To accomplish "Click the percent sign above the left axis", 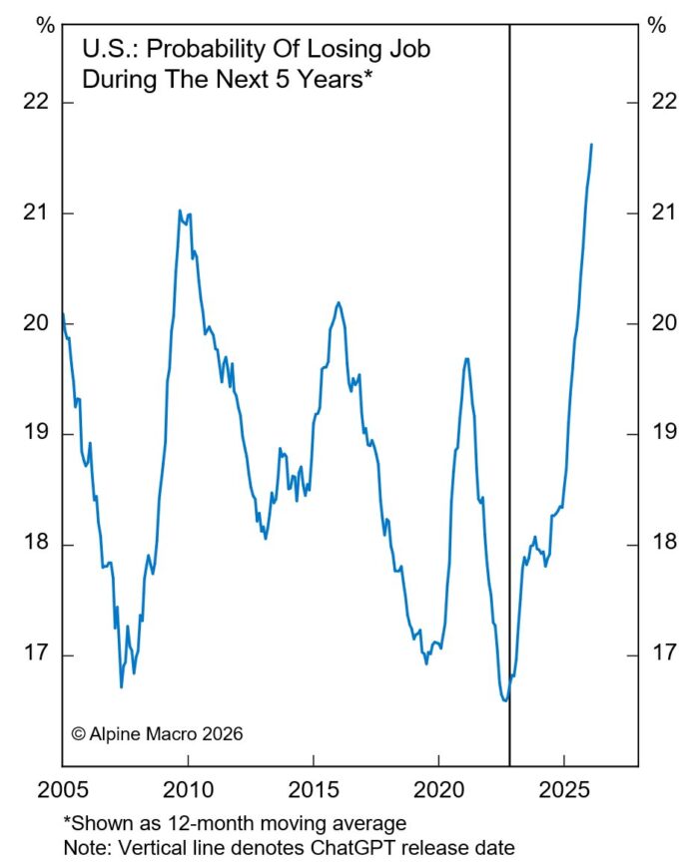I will [x=45, y=26].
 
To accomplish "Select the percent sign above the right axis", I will [x=656, y=26].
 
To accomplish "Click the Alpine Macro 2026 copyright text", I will [x=157, y=733].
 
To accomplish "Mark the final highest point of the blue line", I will [x=591, y=145].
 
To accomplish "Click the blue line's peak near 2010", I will [x=180, y=211].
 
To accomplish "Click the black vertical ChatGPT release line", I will [x=509, y=399].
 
